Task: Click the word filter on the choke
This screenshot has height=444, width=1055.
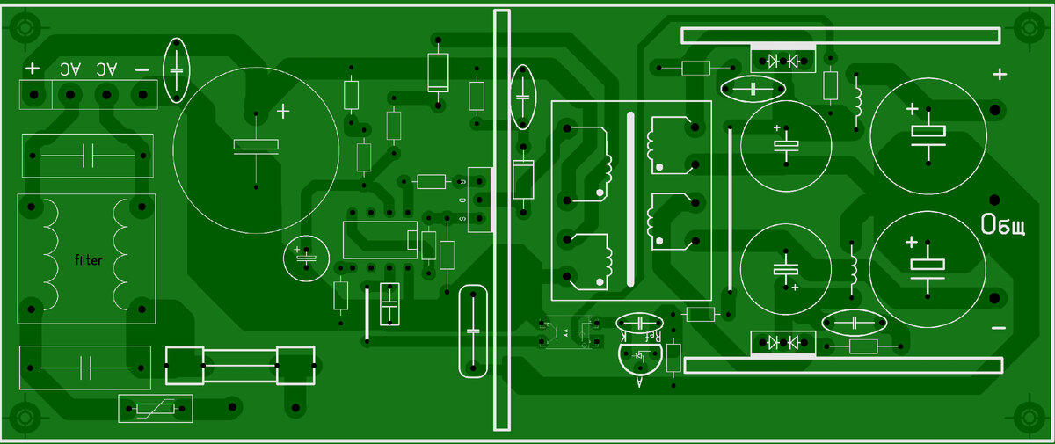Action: coord(88,260)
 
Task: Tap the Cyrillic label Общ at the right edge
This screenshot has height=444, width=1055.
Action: coord(1004,226)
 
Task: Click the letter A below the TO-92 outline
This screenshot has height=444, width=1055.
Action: coord(638,382)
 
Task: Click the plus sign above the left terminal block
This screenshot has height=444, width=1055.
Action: coord(33,69)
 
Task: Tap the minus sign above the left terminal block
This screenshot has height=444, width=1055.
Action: coord(141,69)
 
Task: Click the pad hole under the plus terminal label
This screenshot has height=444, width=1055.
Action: coord(33,94)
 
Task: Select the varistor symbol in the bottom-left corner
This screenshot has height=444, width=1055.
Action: coord(156,409)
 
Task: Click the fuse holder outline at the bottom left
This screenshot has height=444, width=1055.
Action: coord(239,365)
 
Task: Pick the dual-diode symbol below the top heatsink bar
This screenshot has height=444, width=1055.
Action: coord(782,61)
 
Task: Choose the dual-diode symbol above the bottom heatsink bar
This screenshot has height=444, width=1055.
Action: coord(782,341)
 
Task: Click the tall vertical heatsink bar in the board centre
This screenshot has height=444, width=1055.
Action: coord(502,220)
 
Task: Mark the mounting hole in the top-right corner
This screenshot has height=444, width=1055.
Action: coord(1027,28)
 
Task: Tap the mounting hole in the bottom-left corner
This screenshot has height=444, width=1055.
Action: coord(24,417)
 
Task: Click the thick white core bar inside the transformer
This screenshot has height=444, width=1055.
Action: coord(629,200)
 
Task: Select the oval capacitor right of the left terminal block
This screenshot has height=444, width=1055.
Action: coord(177,69)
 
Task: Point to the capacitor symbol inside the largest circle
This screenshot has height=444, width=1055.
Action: coord(256,146)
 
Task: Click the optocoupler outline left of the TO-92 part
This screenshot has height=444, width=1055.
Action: coord(567,332)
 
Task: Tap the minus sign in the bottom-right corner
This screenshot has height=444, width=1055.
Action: coord(998,328)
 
